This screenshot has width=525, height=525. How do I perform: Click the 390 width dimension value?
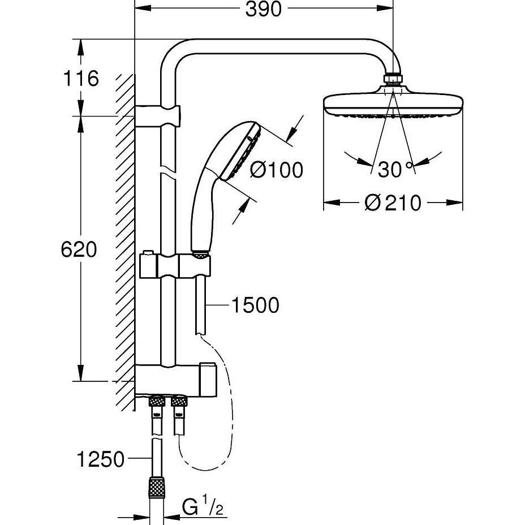[x=264, y=10]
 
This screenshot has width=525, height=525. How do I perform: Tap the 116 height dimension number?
[x=81, y=78]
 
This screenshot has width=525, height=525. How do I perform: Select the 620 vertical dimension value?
[x=79, y=249]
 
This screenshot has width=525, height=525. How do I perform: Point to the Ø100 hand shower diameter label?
[x=277, y=169]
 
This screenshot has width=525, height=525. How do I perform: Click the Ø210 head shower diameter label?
[x=393, y=203]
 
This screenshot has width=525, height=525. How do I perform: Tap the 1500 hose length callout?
[x=255, y=305]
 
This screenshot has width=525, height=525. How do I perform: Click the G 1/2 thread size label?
[x=203, y=507]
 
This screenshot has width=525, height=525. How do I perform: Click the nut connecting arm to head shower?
[x=393, y=78]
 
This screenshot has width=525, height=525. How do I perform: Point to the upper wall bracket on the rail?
[x=157, y=116]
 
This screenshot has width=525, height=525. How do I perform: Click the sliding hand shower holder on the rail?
[x=175, y=266]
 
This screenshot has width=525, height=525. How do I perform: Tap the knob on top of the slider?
[x=147, y=252]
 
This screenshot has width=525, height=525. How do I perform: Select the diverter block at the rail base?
[x=175, y=380]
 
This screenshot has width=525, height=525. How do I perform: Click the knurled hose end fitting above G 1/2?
[x=157, y=487]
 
